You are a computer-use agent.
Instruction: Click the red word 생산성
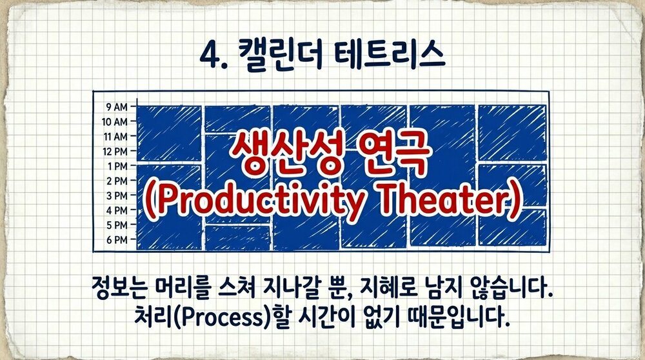(271, 158)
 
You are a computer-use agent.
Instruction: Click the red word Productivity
(249, 203)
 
